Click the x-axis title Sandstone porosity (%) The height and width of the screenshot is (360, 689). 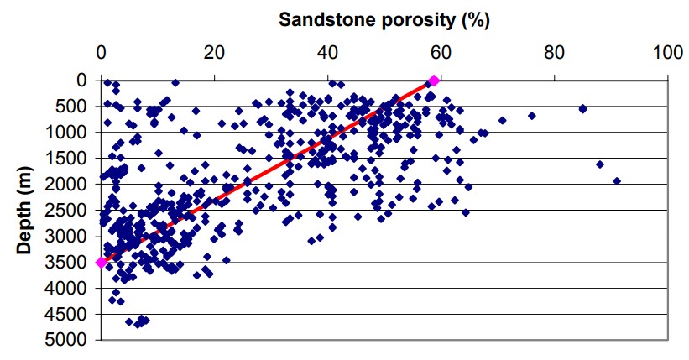click(x=384, y=18)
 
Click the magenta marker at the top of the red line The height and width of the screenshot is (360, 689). click(x=434, y=81)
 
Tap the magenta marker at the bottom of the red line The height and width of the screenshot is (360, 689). click(x=102, y=263)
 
